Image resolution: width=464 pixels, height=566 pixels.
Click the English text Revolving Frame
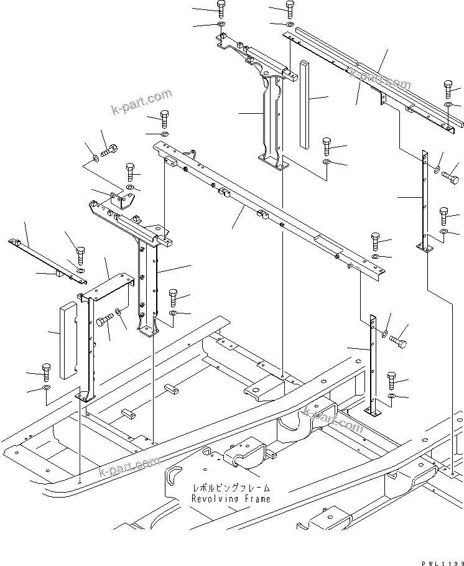pyautogui.click(x=231, y=499)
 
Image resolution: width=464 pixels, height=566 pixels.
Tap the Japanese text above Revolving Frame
pyautogui.click(x=231, y=489)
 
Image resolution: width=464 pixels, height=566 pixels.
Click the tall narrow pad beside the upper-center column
pyautogui.click(x=304, y=104)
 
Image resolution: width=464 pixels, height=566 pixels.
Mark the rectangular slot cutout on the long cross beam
pyautogui.click(x=325, y=239)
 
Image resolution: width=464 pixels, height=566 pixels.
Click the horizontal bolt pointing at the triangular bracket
pyautogui.click(x=109, y=150)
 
